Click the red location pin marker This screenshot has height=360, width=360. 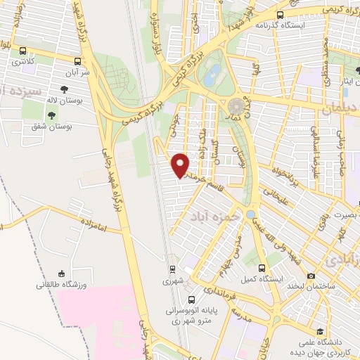(181, 165)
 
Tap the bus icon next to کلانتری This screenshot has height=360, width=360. (24, 51)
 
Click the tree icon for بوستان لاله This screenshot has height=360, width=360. (64, 89)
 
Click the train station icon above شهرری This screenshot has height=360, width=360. (172, 269)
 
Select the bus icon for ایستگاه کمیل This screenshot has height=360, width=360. (262, 268)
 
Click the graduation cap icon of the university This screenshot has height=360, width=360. (321, 331)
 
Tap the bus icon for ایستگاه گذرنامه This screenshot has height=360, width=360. (281, 14)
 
